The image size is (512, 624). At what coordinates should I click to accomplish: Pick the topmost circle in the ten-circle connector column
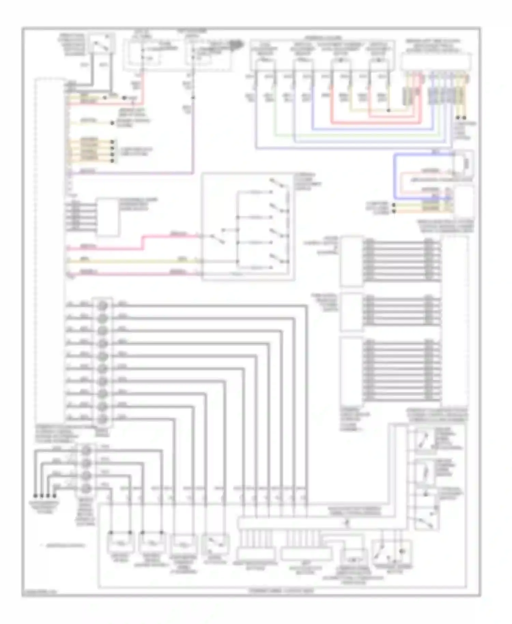click(x=103, y=306)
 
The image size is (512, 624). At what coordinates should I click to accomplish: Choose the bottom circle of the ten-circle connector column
click(x=103, y=420)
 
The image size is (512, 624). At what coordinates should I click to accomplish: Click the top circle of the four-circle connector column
click(x=87, y=450)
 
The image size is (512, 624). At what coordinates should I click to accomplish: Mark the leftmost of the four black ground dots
click(x=35, y=496)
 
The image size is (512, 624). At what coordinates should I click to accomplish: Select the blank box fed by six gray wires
click(x=107, y=217)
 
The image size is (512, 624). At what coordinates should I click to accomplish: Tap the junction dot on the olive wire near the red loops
click(x=388, y=110)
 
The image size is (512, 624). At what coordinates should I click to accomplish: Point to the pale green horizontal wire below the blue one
click(x=358, y=135)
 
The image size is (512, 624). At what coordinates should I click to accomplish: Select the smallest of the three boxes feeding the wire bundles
click(x=352, y=312)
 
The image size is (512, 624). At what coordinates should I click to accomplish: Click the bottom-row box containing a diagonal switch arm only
click(x=215, y=543)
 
